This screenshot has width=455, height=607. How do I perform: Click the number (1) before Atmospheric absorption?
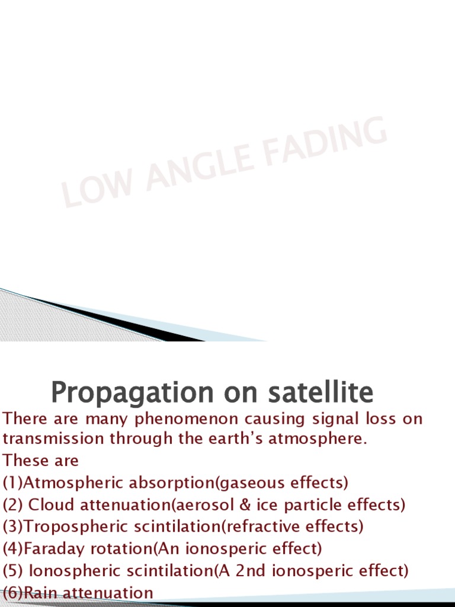click(12, 483)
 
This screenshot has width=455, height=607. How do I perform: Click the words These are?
click(40, 461)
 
